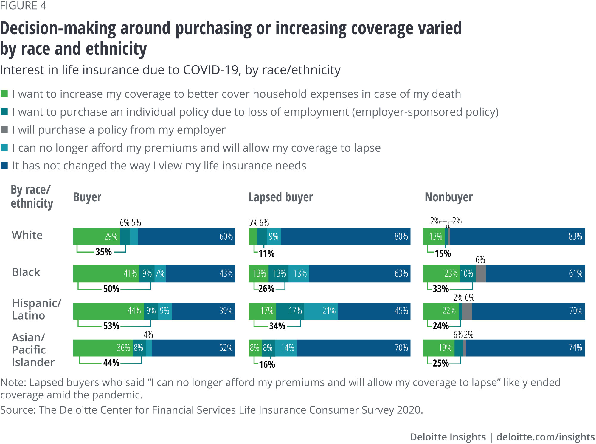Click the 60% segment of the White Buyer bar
(187, 236)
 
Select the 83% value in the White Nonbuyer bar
(575, 236)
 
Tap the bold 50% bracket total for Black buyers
(111, 289)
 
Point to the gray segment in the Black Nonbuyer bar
(480, 274)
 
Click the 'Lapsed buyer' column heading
(281, 197)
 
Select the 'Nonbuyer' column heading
(448, 197)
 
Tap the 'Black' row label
(26, 272)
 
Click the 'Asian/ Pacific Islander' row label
(33, 350)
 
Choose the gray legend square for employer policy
(4, 130)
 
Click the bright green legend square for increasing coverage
(4, 94)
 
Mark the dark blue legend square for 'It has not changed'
(4, 166)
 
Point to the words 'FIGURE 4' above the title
(23, 6)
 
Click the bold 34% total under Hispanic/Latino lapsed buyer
(277, 326)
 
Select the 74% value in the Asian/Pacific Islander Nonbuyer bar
(575, 348)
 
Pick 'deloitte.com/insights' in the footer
(545, 437)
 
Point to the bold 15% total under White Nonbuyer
(443, 253)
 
